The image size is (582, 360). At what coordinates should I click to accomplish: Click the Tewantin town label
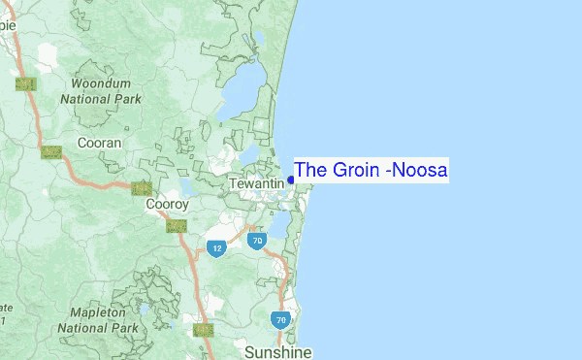coord(256,183)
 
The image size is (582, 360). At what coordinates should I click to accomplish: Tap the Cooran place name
coord(100,143)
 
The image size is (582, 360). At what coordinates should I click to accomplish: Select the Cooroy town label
coord(166,205)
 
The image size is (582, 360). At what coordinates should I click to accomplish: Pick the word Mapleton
coord(97,313)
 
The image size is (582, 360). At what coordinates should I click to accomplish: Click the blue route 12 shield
coord(216,248)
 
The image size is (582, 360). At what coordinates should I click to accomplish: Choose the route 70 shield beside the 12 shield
coord(256,240)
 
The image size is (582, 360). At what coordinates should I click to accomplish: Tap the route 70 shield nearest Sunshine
coord(280,319)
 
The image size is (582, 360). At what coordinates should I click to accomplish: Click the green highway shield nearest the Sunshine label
coord(203,330)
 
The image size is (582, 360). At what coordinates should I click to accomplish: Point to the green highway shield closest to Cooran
coord(51,151)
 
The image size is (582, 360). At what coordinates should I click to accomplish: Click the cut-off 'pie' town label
coord(8,25)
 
